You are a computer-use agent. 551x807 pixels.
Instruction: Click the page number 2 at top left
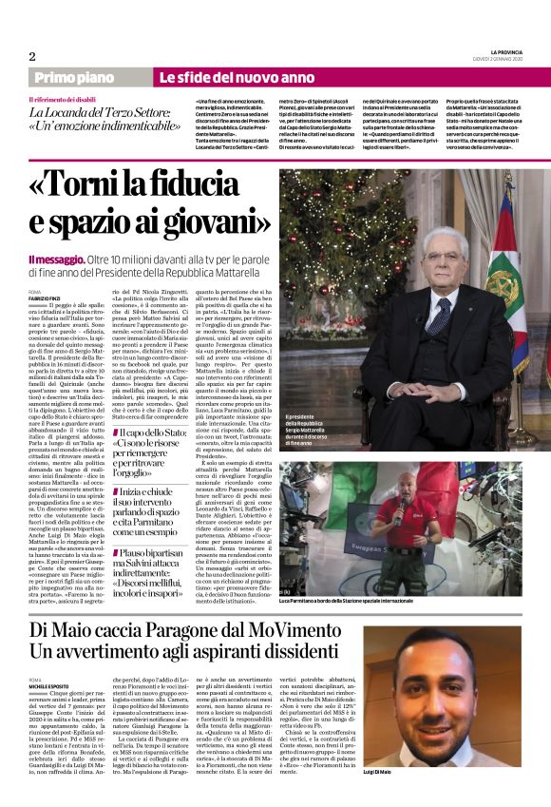(x=31, y=55)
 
